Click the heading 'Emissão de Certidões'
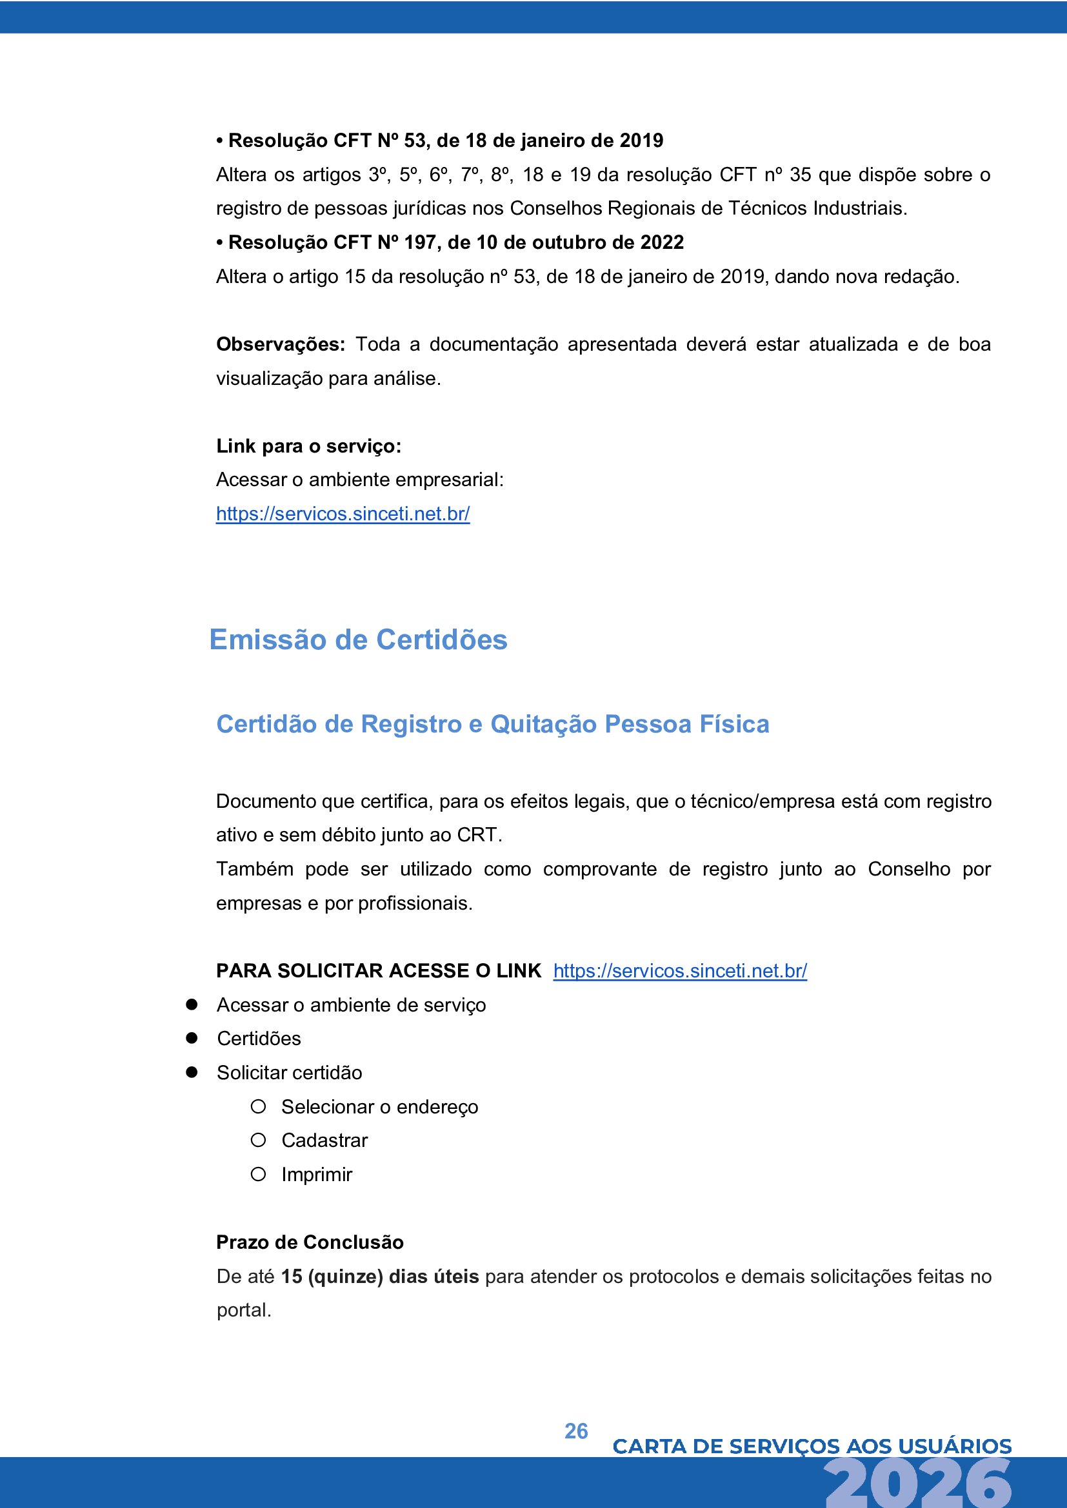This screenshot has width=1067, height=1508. [x=358, y=640]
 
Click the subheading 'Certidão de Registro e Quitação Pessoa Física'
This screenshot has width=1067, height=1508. [x=493, y=724]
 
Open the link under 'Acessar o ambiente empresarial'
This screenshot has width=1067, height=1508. [x=343, y=514]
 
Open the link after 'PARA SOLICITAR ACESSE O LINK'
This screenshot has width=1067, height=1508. [x=680, y=971]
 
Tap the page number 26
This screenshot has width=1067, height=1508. [x=576, y=1431]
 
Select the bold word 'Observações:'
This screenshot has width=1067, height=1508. [x=281, y=344]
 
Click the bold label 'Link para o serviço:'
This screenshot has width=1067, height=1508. [x=309, y=446]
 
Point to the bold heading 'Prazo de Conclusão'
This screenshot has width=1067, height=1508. [x=310, y=1242]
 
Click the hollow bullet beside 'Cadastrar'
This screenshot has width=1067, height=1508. [x=258, y=1141]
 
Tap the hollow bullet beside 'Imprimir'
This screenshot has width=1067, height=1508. [x=258, y=1173]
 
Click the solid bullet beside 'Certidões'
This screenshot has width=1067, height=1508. [x=192, y=1038]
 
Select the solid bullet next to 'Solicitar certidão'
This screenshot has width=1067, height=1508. [x=192, y=1072]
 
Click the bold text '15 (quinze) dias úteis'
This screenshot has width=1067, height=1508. [x=380, y=1276]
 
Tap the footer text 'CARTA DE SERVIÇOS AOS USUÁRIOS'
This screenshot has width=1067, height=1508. [x=812, y=1446]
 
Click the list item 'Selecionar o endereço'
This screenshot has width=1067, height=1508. [x=380, y=1107]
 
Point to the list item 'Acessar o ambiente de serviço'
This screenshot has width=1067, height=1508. [x=352, y=1005]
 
